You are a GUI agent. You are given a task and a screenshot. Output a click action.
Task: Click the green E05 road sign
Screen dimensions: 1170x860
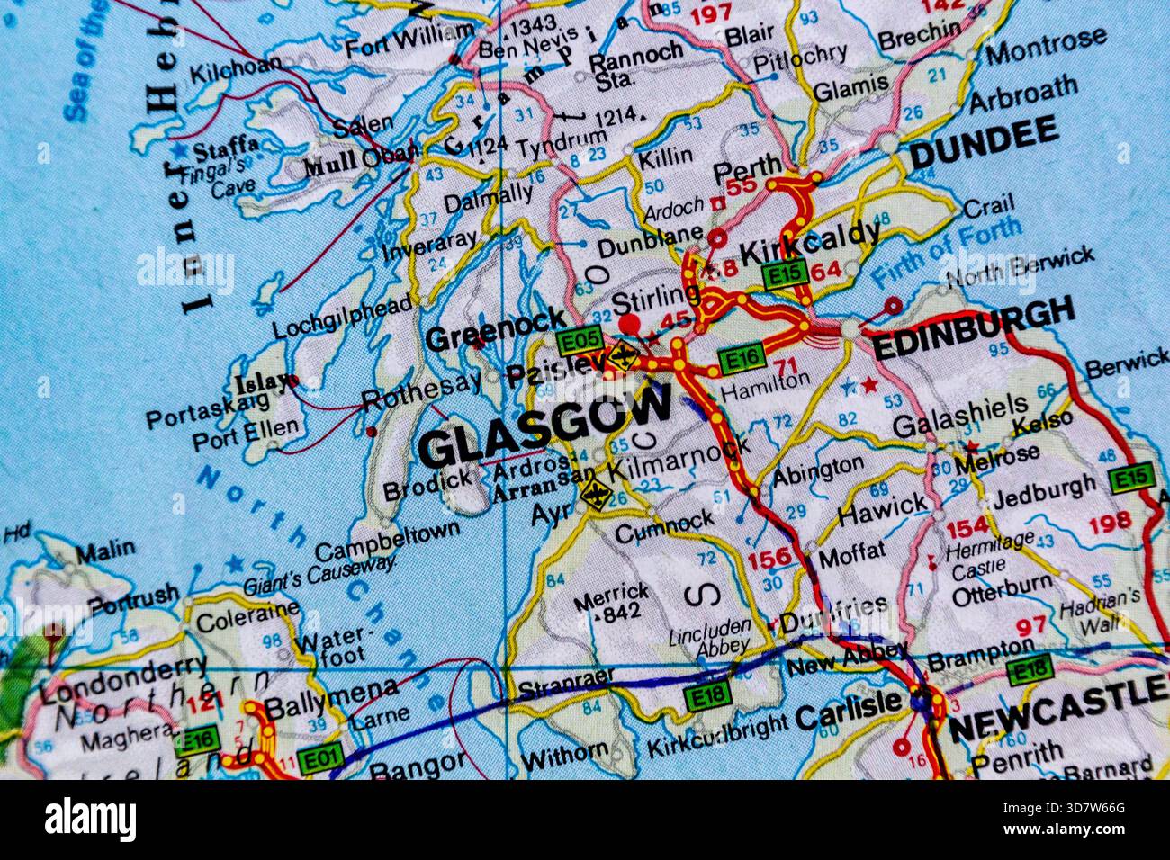[578, 341]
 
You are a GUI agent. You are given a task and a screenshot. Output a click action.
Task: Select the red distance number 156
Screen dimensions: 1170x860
[770, 559]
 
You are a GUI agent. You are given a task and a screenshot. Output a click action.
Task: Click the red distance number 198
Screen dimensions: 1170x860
[1109, 523]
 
